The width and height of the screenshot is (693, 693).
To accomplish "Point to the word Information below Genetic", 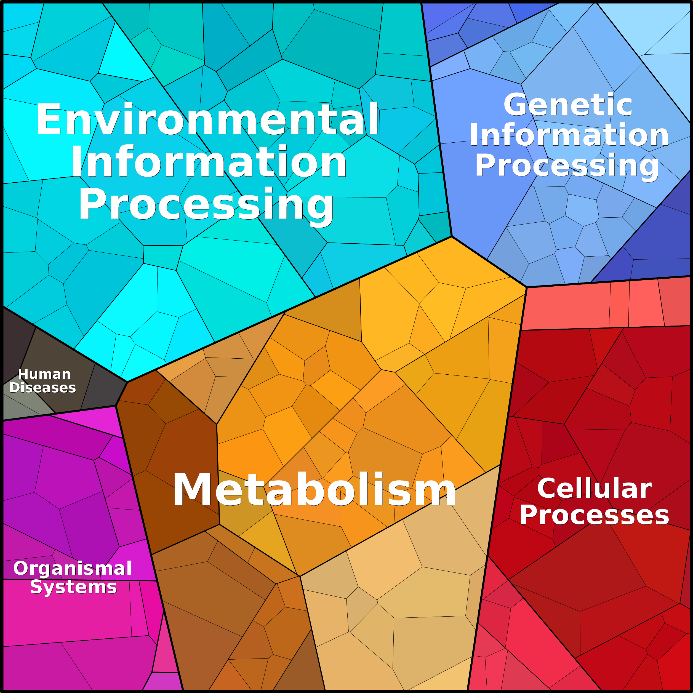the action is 569,135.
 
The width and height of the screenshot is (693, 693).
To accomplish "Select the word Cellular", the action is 594,489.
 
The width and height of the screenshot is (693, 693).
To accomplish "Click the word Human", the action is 44,374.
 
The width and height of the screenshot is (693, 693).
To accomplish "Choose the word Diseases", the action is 43,388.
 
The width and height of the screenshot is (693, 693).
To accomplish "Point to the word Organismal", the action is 73,569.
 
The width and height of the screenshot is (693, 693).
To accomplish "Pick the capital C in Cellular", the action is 547,489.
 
